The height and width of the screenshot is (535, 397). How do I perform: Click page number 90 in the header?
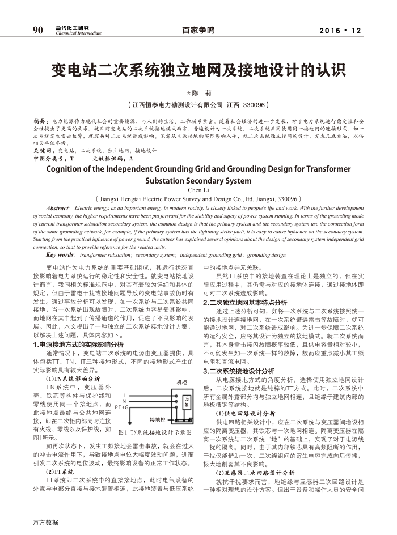38,30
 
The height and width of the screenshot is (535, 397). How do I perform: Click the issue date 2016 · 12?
340,31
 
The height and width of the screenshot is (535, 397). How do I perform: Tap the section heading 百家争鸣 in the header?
198,31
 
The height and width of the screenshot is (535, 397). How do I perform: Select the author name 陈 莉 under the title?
198,92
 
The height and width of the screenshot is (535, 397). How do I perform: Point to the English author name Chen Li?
198,190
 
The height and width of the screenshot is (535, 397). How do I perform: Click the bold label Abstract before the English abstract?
58,209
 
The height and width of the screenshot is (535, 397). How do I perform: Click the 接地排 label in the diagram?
157,420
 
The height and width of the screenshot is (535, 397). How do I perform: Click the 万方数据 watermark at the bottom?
45,522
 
